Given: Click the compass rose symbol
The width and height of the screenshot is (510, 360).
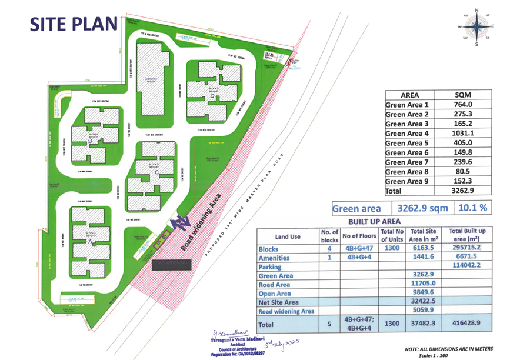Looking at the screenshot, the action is tap(476, 26).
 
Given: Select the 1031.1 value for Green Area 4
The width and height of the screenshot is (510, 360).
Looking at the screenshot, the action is tap(461, 134).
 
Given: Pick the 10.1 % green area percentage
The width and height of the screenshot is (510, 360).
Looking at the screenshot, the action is tap(473, 208).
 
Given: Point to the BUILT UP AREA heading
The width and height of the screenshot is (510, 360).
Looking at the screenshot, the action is tap(375, 222).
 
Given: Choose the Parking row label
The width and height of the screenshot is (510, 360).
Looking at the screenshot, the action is tap(270, 266).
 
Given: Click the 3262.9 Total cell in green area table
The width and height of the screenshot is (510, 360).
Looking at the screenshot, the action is tap(461, 191).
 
